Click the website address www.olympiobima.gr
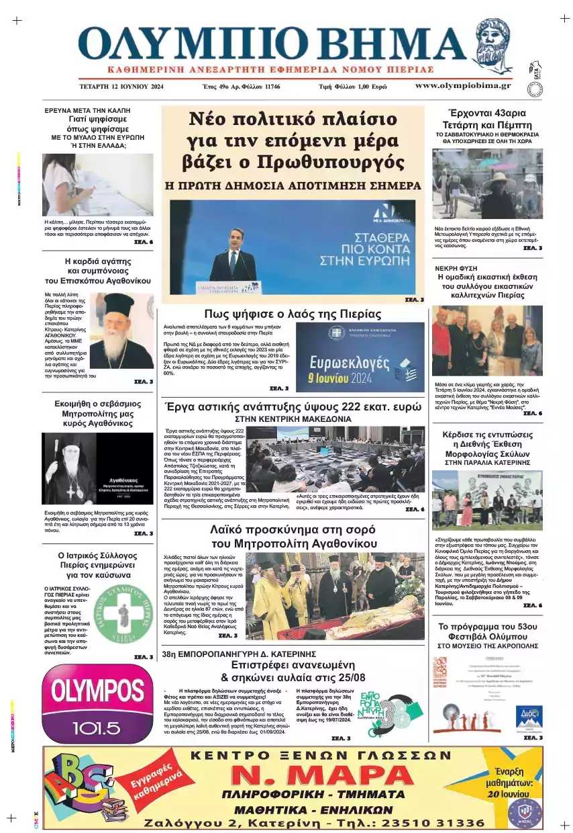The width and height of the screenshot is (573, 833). pyautogui.click(x=463, y=85)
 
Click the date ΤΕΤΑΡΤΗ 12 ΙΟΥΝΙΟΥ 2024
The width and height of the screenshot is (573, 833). pyautogui.click(x=120, y=87)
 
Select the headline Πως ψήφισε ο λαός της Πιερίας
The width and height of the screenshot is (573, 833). pyautogui.click(x=293, y=314)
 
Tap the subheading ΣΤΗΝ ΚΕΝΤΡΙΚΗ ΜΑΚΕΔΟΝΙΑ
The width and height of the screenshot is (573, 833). pyautogui.click(x=293, y=419)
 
